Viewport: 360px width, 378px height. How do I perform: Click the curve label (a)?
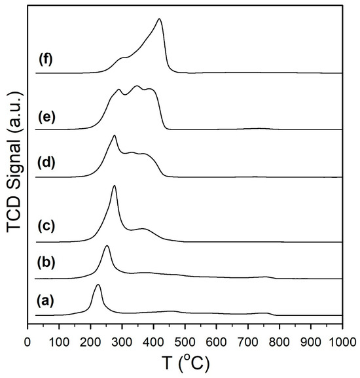[x=45, y=301]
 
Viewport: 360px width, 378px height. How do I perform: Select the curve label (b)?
[x=46, y=263]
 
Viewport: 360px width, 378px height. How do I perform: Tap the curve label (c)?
[x=46, y=226]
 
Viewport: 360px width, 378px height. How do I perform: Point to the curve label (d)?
[x=46, y=162]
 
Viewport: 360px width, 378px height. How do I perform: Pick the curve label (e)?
[x=47, y=117]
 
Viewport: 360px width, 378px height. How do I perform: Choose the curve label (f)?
[x=46, y=60]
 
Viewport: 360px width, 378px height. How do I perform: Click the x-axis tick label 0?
[x=27, y=342]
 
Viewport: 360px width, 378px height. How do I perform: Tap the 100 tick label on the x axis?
[x=59, y=342]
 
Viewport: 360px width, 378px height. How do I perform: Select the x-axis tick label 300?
[x=122, y=342]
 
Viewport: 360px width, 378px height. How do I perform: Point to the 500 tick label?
[x=185, y=342]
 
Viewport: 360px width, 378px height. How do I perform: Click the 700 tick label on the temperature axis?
[x=248, y=342]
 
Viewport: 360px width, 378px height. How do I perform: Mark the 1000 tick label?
[x=342, y=342]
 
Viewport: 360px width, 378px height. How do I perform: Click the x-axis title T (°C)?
[x=185, y=363]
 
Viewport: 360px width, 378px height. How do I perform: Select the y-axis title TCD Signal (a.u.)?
[x=15, y=162]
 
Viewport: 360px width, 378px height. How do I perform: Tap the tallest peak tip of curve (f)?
[x=159, y=19]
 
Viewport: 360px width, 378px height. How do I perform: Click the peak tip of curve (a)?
[x=98, y=284]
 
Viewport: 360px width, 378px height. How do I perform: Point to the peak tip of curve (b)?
[x=107, y=246]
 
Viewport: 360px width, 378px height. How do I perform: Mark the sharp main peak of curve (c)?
[x=115, y=186]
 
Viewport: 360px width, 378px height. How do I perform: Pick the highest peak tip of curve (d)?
[x=115, y=136]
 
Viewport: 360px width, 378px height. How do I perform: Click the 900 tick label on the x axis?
[x=311, y=342]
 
